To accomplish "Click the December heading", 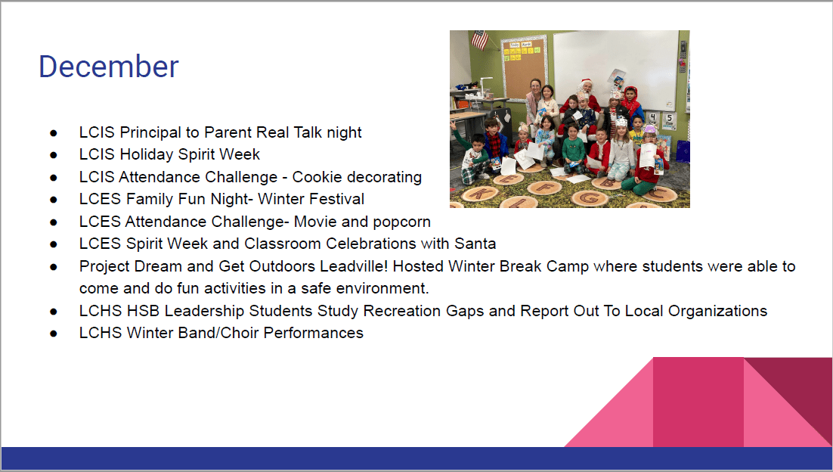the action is pyautogui.click(x=109, y=67).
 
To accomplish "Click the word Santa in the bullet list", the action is pyautogui.click(x=475, y=244).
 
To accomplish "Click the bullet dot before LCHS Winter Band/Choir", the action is pyautogui.click(x=54, y=334).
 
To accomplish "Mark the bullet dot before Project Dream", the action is pyautogui.click(x=54, y=267).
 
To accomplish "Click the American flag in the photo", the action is pyautogui.click(x=480, y=39).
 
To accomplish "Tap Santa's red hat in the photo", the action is pyautogui.click(x=587, y=82).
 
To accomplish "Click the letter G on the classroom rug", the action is pyautogui.click(x=589, y=197).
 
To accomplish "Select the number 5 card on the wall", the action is pyautogui.click(x=670, y=120).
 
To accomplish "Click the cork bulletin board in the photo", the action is pyautogui.click(x=525, y=68).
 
